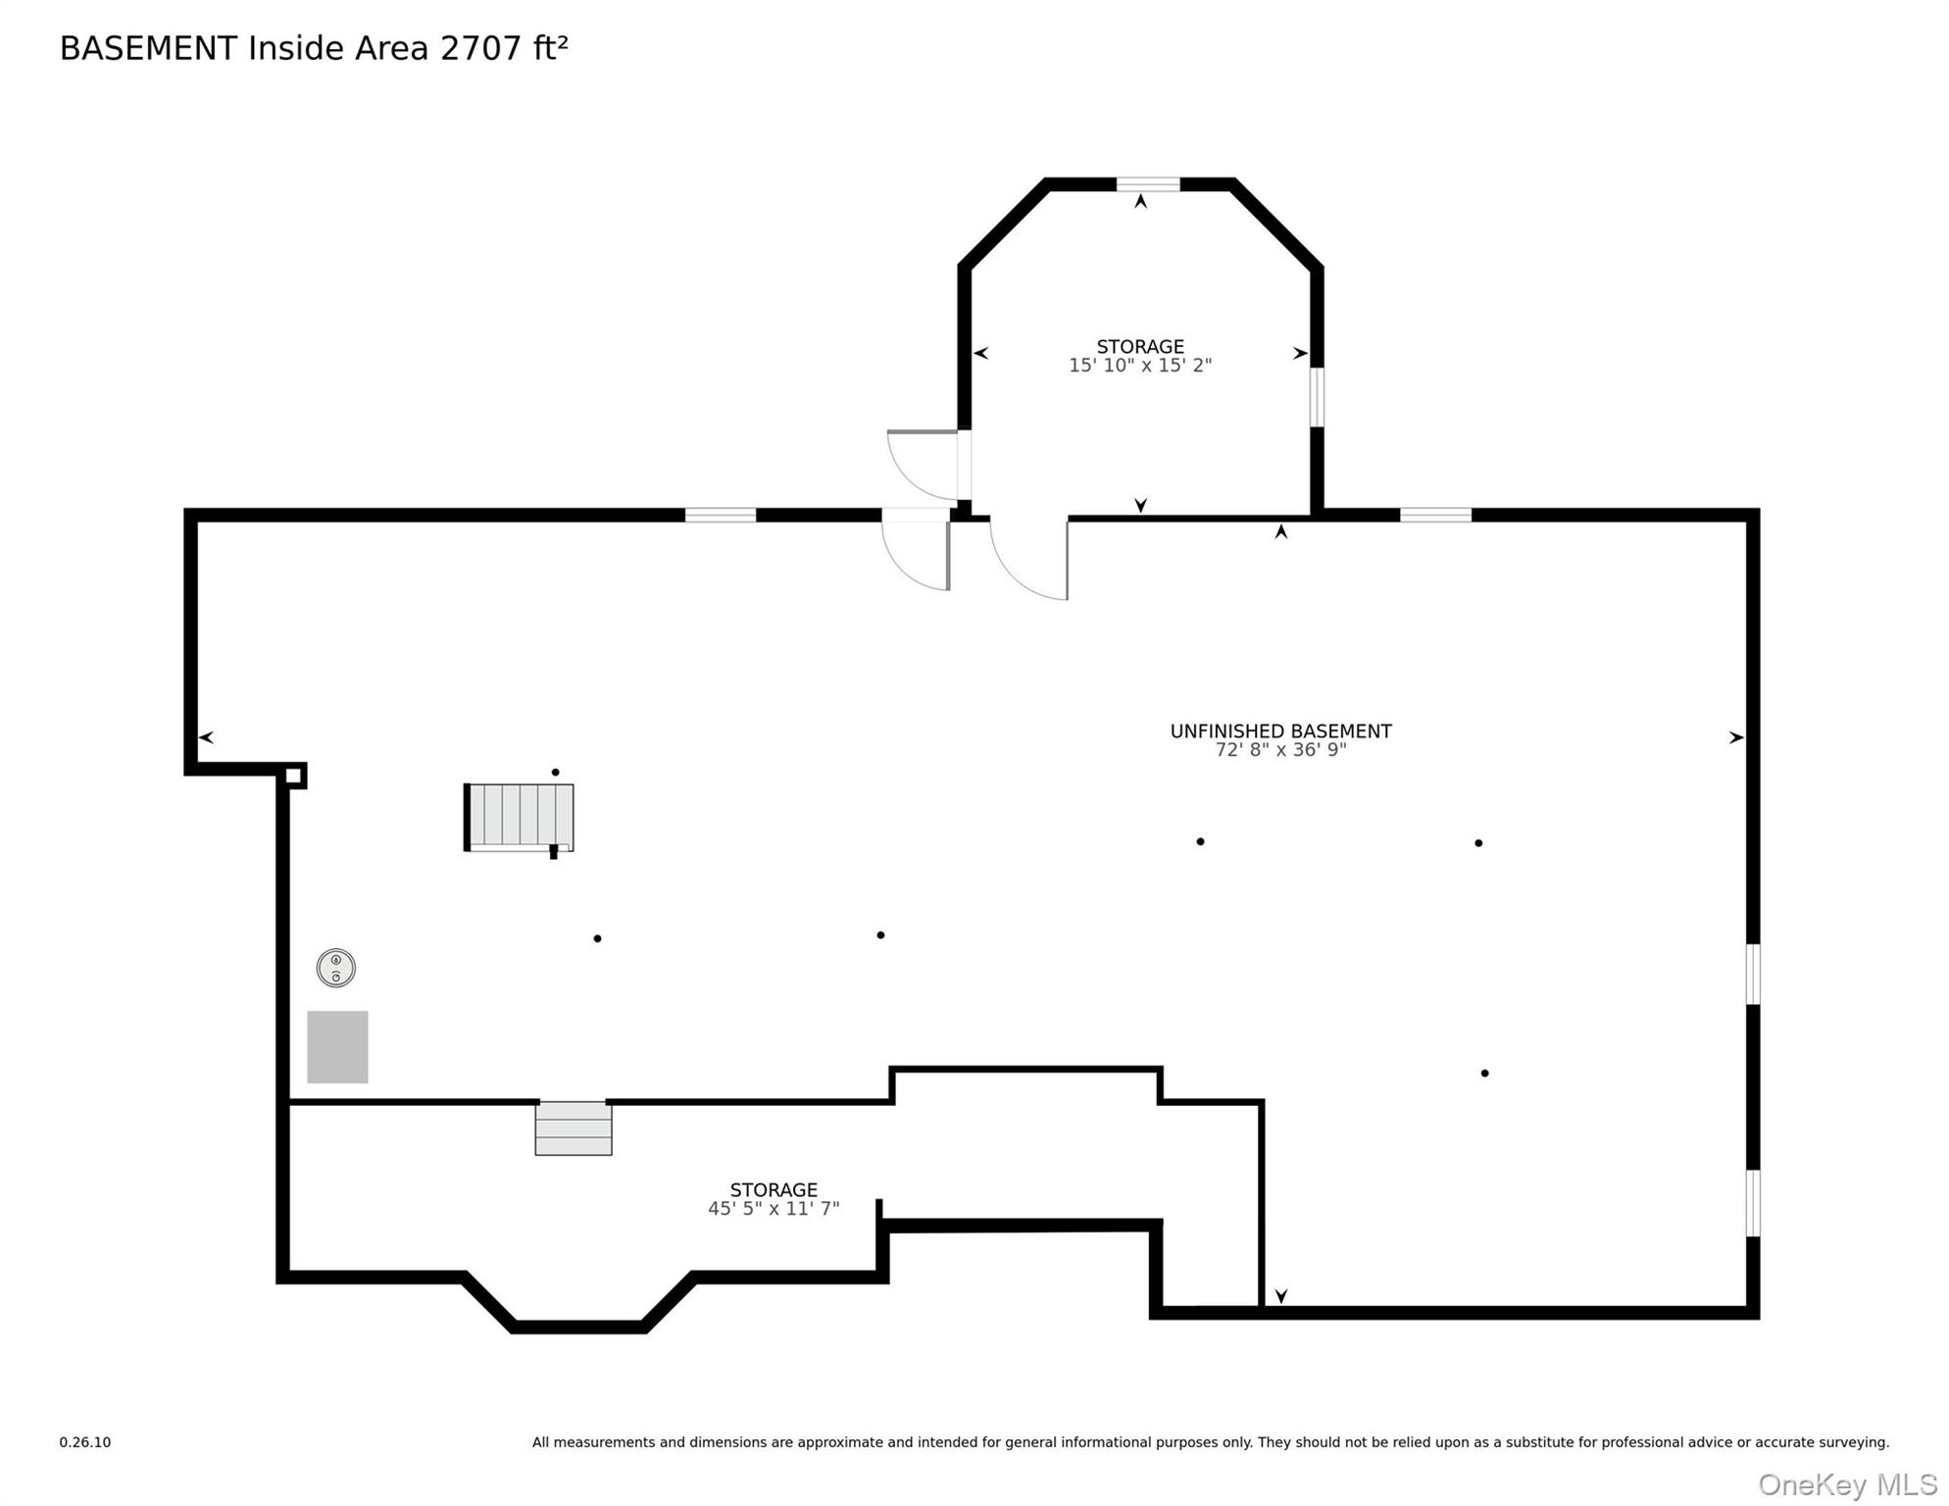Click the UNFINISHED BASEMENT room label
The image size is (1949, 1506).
pos(1280,731)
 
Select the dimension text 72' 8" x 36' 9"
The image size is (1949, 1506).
pos(1280,750)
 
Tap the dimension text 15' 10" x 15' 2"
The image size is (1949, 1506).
pos(1140,366)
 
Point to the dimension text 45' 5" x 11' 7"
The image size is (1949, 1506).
pos(774,1209)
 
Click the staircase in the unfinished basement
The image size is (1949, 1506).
pos(519,818)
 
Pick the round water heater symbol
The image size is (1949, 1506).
pos(336,968)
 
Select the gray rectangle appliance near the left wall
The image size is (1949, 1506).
pos(337,1047)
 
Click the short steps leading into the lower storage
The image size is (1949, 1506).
pos(574,1129)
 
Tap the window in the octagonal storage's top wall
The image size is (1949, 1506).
pos(1148,184)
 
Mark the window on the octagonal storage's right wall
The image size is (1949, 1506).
pos(1318,397)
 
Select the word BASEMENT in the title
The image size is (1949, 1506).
pos(148,48)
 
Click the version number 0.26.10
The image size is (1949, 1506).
pos(85,1442)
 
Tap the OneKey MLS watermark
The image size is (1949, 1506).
pos(1847,1485)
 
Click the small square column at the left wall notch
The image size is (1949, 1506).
pos(293,776)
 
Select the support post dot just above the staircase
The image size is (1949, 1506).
pos(556,773)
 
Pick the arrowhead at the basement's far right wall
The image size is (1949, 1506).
pos(1736,737)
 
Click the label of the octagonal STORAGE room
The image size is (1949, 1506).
pos(1140,347)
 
